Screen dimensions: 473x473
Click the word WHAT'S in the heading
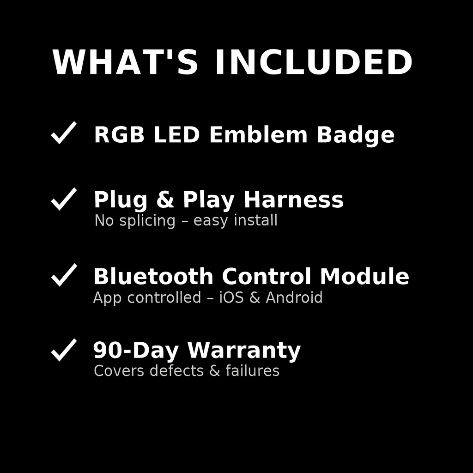pos(125,62)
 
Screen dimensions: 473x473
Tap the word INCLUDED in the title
pos(314,62)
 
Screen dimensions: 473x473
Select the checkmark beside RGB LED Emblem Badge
pos(63,133)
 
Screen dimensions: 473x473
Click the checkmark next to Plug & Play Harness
pos(63,199)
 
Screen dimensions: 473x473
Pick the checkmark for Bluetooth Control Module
pos(63,275)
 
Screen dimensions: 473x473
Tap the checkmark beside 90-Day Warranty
pos(63,350)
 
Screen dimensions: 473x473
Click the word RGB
pos(119,135)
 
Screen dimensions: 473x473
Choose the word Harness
pos(293,200)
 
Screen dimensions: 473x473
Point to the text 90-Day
pos(136,351)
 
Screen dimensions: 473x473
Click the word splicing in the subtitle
pos(147,221)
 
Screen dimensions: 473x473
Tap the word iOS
pos(231,297)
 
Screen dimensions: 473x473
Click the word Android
pos(294,297)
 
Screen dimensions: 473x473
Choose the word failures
pos(252,371)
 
